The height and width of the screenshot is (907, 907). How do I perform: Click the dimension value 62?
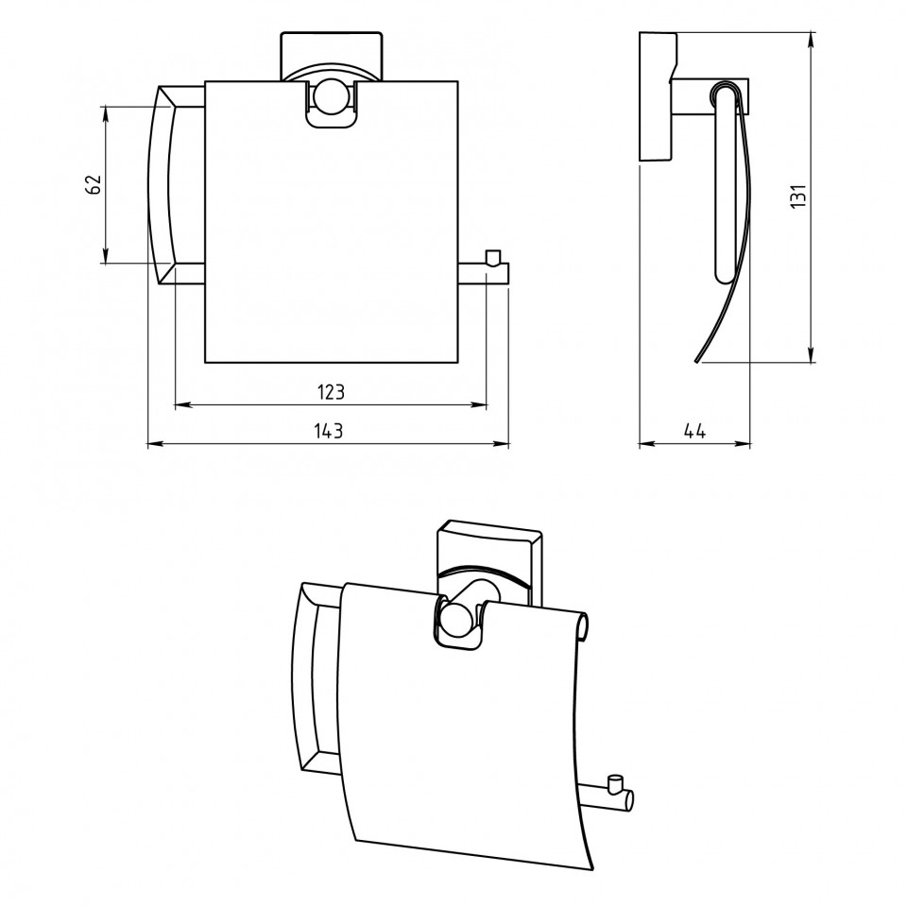click(x=94, y=184)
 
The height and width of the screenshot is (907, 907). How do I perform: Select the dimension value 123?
click(x=331, y=392)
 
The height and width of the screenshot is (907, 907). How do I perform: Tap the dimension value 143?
click(x=329, y=431)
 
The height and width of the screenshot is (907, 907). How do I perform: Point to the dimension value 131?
click(x=798, y=197)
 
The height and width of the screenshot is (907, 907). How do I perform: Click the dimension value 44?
click(x=694, y=431)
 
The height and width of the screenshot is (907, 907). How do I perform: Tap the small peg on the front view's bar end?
click(x=492, y=257)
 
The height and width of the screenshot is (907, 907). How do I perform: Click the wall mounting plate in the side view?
click(x=657, y=96)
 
